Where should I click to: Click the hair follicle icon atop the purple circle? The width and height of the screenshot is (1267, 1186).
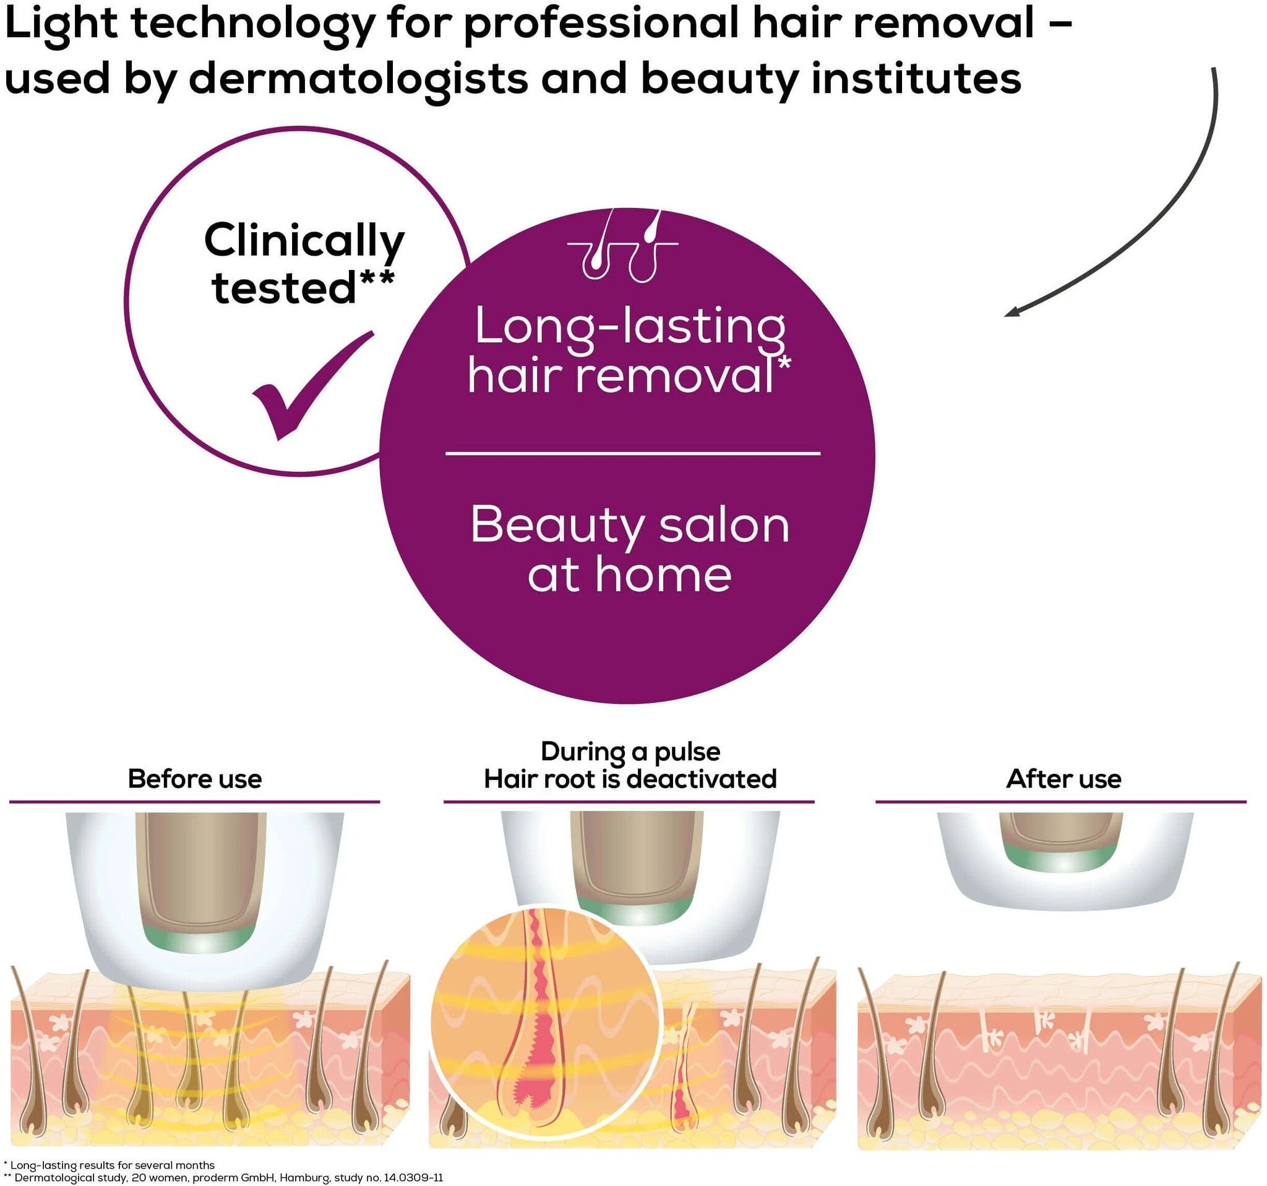[x=622, y=247]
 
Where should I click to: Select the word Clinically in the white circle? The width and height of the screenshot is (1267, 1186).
[x=304, y=241]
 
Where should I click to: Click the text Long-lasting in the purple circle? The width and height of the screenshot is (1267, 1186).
[x=630, y=327]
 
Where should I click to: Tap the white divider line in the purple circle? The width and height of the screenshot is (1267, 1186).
[x=632, y=453]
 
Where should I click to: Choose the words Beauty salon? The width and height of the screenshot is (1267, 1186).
[x=630, y=526]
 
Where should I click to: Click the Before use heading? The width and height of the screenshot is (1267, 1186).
[x=194, y=779]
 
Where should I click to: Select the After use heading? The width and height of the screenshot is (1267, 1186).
[x=1063, y=779]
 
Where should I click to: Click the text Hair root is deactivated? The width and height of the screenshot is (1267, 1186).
[x=630, y=779]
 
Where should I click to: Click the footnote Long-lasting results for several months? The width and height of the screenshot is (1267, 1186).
[x=112, y=1165]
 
